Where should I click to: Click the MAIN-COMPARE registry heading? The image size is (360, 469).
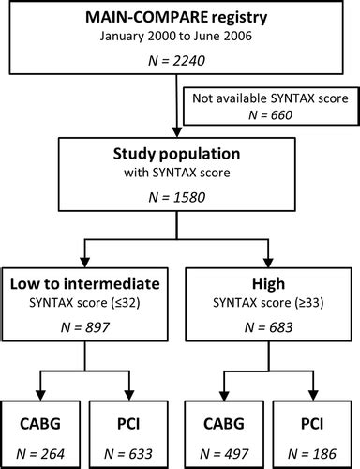tap(179, 19)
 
